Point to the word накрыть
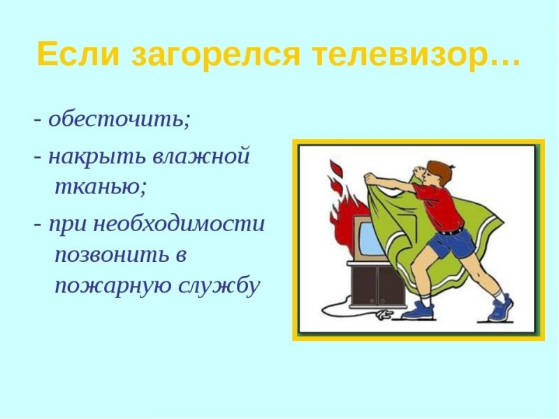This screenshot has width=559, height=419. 91,156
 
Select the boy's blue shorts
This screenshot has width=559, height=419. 451,244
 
